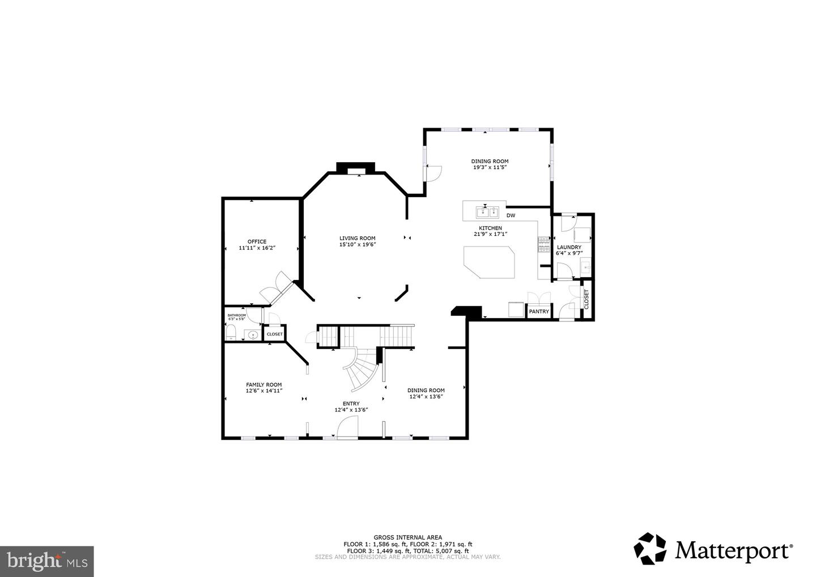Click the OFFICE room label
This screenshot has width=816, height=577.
pyautogui.click(x=257, y=242)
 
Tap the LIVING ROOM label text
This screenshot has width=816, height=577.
pyautogui.click(x=357, y=239)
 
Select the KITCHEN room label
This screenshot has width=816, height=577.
pyautogui.click(x=490, y=228)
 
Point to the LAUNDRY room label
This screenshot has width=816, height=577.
pyautogui.click(x=569, y=248)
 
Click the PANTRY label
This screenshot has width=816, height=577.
pyautogui.click(x=539, y=312)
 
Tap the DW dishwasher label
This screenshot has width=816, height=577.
pyautogui.click(x=511, y=215)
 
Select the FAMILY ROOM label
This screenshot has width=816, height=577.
pyautogui.click(x=263, y=385)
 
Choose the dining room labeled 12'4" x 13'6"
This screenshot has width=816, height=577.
pyautogui.click(x=426, y=391)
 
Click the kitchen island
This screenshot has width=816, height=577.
pyautogui.click(x=489, y=262)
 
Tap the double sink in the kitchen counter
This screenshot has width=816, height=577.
pyautogui.click(x=486, y=213)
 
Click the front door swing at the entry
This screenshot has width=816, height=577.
pyautogui.click(x=348, y=426)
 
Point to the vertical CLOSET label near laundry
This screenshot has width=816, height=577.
pyautogui.click(x=586, y=299)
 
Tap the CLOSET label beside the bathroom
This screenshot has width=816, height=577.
pyautogui.click(x=274, y=334)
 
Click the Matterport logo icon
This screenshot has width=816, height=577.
pyautogui.click(x=650, y=549)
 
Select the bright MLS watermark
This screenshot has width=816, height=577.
pyautogui.click(x=46, y=562)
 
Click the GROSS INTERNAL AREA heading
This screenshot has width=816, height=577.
pyautogui.click(x=407, y=537)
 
